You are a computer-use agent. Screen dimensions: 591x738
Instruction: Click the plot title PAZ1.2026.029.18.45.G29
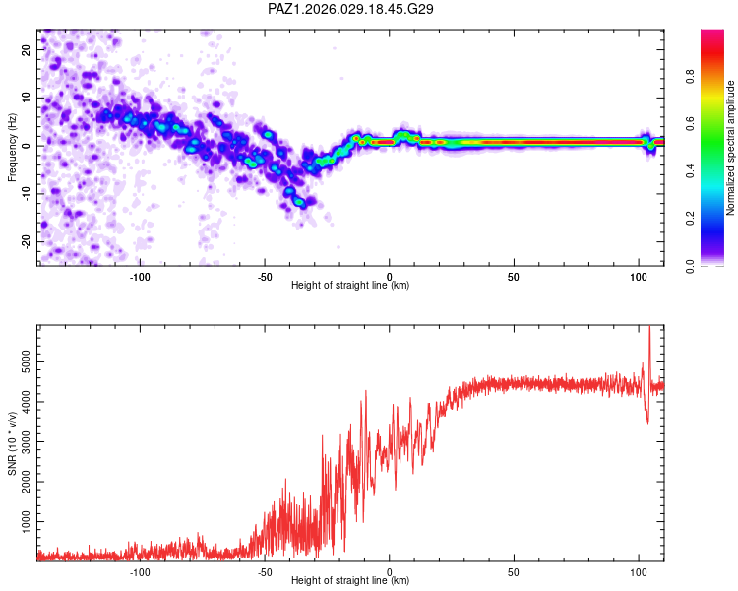click(351, 9)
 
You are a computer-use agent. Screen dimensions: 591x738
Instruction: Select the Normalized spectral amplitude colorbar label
click(731, 148)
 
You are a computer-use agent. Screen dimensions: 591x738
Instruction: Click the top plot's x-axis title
click(350, 285)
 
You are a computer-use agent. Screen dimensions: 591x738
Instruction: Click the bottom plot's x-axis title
click(350, 580)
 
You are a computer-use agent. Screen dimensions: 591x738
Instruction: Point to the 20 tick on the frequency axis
click(27, 49)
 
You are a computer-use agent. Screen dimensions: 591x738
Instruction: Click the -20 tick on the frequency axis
click(25, 241)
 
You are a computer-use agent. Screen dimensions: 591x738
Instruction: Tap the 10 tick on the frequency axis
click(27, 98)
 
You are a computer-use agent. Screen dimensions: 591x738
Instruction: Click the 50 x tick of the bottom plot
click(514, 570)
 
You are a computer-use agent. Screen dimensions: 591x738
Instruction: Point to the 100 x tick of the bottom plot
click(639, 570)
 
